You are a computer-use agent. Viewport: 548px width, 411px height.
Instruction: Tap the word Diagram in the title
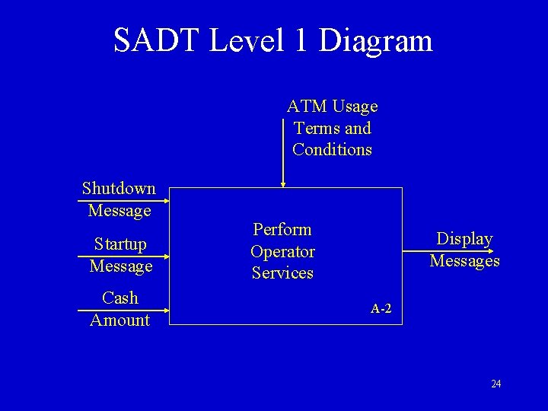coord(376,42)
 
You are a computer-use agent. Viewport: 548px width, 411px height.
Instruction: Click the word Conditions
coord(332,149)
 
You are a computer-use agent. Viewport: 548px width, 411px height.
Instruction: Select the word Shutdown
coord(119,188)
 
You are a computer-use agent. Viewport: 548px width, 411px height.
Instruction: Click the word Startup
coord(120,244)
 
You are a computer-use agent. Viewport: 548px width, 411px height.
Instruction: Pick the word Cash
coord(119,298)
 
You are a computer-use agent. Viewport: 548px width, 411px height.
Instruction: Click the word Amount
coord(119,320)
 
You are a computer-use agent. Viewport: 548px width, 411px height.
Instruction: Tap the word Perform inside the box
coord(282,229)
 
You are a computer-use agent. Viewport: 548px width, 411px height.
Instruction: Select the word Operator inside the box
coord(282,251)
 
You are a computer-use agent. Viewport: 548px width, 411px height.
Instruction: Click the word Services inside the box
coord(282,272)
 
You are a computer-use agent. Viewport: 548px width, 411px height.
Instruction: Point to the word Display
coord(464,239)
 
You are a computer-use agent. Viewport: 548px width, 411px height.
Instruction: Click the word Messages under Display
coord(464,261)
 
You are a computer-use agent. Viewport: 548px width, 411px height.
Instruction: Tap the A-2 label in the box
coord(381,309)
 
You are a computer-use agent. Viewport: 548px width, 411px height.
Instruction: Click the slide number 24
coord(495,384)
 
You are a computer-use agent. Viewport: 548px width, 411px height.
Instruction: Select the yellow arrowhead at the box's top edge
coord(282,183)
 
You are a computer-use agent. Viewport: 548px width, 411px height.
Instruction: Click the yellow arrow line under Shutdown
coord(122,201)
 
